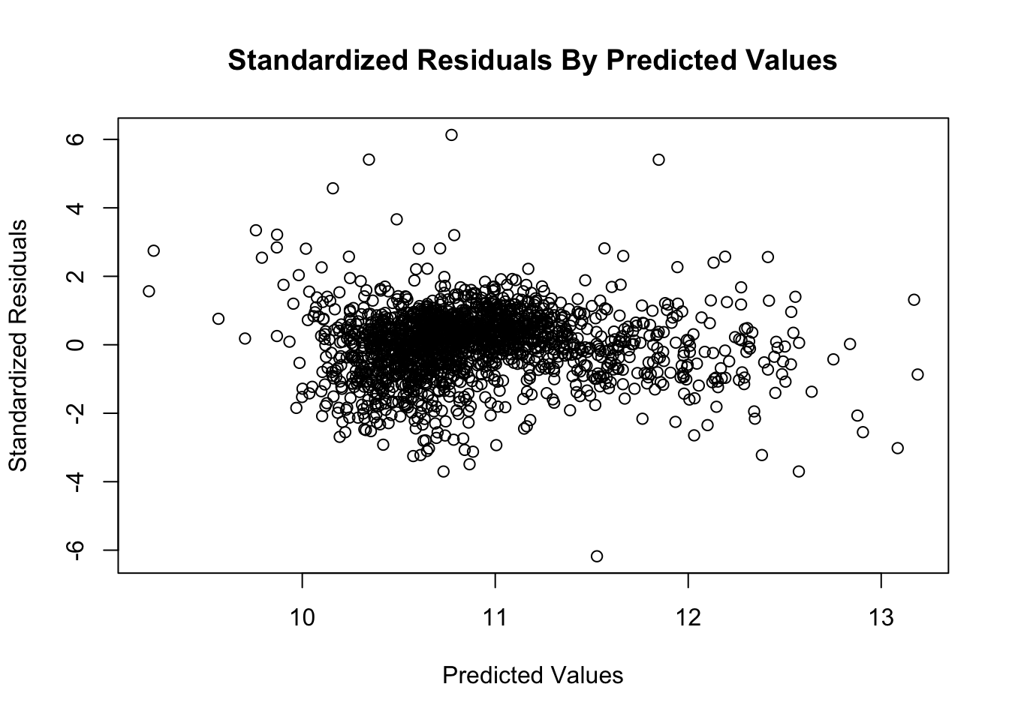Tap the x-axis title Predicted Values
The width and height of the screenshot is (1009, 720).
[x=532, y=676]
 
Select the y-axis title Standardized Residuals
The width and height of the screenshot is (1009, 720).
[x=18, y=345]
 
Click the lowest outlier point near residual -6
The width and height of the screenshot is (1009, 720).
[x=597, y=556]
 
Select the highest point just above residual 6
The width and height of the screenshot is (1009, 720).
[x=451, y=135]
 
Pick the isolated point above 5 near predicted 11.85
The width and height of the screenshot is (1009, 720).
[x=658, y=159]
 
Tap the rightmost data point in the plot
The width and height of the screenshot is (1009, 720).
[x=917, y=374]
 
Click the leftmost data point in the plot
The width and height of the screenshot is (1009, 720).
[x=149, y=291]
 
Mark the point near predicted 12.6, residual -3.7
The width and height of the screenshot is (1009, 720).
[x=799, y=471]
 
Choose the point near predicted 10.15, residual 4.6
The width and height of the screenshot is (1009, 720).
[x=333, y=188]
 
